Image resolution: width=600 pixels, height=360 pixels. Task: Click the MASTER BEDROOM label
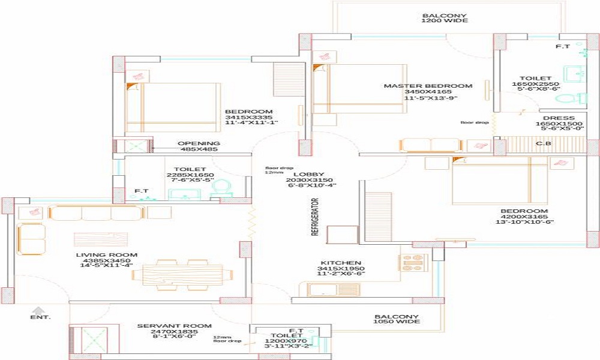[x=428, y=86]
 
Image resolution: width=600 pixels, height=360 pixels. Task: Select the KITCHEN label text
[x=341, y=263]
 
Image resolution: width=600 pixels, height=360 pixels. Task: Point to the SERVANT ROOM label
[x=174, y=326]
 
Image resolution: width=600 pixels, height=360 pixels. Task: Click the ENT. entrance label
[x=41, y=316]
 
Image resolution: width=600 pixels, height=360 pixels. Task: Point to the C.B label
[x=544, y=143]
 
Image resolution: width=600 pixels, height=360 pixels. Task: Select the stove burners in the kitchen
[x=413, y=262]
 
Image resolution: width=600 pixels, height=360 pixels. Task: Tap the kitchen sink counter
[x=334, y=290]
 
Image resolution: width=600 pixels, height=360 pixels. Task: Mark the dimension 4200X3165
[x=525, y=217]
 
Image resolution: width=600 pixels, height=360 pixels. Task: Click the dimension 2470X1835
[x=174, y=331]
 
